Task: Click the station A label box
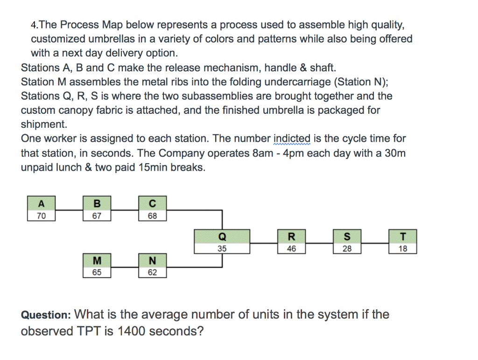click(41, 203)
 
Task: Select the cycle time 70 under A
click(41, 216)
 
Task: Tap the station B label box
click(97, 203)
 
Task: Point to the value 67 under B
click(97, 216)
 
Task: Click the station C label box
click(152, 203)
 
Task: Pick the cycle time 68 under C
click(152, 216)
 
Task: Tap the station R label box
click(291, 236)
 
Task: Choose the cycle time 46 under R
click(291, 249)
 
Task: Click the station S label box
click(347, 236)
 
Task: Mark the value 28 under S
click(347, 249)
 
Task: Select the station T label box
click(402, 236)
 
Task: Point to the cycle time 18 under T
click(402, 249)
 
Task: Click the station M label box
click(97, 260)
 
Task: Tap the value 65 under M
click(97, 272)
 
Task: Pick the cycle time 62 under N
click(152, 272)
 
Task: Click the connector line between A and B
click(69, 210)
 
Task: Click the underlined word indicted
click(291, 139)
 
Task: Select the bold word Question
click(45, 315)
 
